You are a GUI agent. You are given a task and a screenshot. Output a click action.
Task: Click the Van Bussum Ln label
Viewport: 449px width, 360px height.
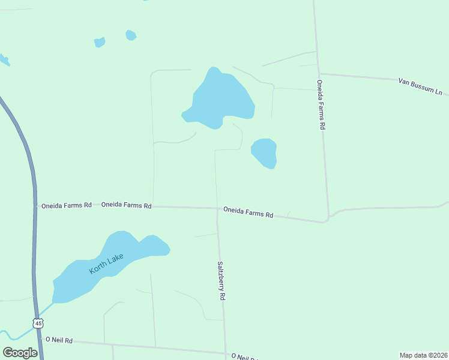(x=420, y=86)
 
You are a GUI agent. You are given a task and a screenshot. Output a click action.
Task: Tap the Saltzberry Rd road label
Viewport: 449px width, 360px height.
(x=221, y=280)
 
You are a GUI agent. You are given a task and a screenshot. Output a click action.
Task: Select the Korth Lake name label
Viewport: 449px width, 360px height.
(x=106, y=264)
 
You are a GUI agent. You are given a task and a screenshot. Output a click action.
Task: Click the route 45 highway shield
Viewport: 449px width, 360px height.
(x=38, y=323)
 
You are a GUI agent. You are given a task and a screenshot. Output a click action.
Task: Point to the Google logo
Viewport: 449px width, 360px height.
(x=20, y=353)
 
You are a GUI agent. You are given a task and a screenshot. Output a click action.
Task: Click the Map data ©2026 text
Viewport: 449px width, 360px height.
(x=423, y=355)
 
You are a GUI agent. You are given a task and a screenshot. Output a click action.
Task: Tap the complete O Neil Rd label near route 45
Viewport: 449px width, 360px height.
(x=59, y=340)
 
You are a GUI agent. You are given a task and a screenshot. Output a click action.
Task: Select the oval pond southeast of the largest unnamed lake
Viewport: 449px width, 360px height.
(x=264, y=152)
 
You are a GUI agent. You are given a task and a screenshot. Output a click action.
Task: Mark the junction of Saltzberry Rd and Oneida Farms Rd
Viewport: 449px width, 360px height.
(x=217, y=209)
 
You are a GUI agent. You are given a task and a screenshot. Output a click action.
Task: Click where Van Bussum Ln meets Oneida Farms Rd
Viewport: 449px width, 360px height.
(x=318, y=74)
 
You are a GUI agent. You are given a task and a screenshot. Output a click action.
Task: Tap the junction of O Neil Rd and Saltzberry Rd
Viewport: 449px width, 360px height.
(x=226, y=353)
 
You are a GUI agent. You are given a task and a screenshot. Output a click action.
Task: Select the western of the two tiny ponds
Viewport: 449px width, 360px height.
(x=100, y=42)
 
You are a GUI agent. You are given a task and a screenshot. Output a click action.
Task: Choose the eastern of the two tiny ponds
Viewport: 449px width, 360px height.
(x=130, y=35)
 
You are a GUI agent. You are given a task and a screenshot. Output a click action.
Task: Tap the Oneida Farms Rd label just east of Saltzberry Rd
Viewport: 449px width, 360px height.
(x=248, y=212)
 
